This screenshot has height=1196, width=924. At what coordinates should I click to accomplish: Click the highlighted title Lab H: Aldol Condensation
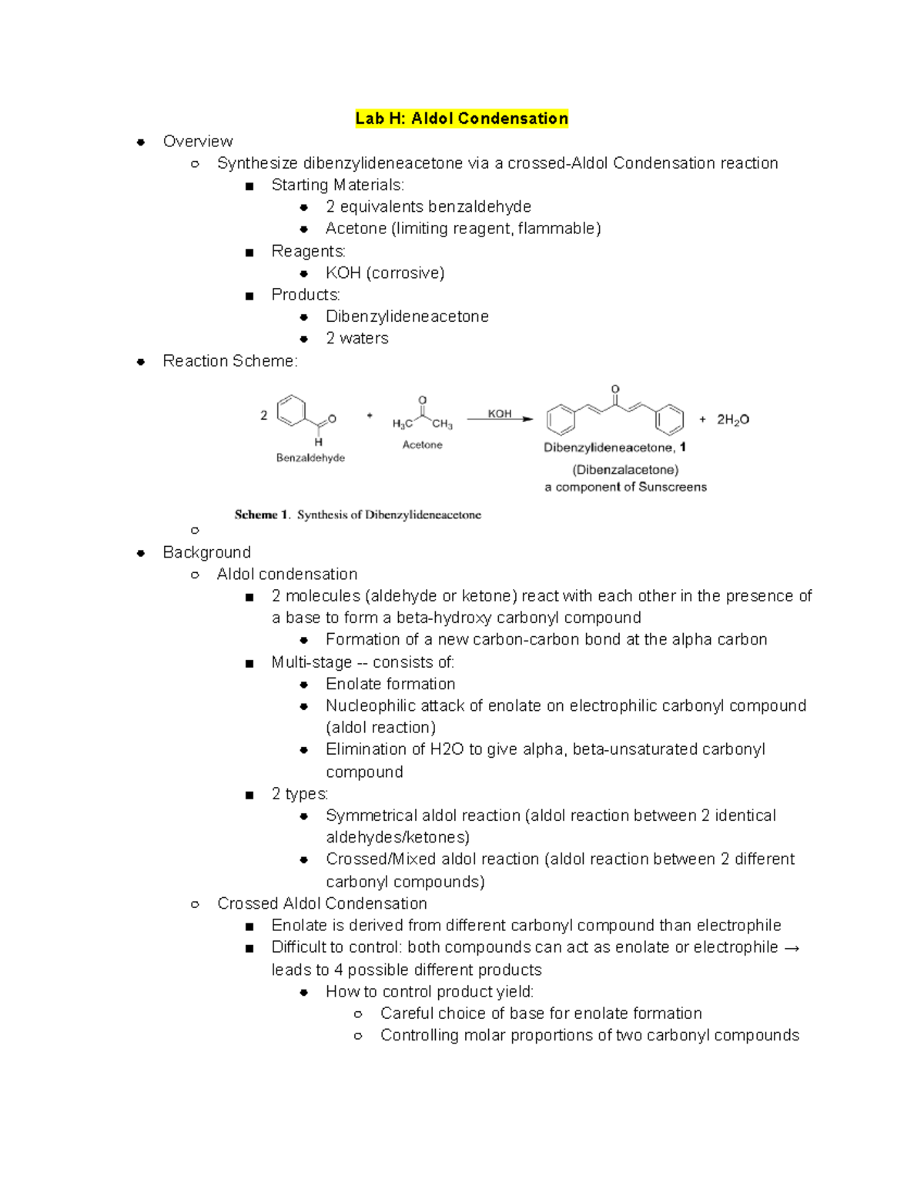(x=461, y=119)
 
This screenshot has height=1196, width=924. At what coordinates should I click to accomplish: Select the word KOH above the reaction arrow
(x=500, y=414)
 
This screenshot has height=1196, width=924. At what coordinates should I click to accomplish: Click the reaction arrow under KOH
(x=500, y=420)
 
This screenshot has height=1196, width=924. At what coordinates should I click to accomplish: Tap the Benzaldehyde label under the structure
(x=310, y=457)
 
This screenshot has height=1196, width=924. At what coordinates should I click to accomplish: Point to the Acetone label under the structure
(x=422, y=445)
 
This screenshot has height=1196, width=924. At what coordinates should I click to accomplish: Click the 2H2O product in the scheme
(x=732, y=420)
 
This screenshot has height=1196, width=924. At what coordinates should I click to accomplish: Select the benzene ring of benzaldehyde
(x=291, y=410)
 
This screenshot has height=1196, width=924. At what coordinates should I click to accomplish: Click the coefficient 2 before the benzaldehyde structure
(x=263, y=415)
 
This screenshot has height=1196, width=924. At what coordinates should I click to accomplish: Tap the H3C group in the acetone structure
(x=402, y=424)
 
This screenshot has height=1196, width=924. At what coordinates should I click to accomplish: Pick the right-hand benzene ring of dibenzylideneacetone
(x=669, y=420)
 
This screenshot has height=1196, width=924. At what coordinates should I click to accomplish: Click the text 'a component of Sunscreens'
(x=625, y=487)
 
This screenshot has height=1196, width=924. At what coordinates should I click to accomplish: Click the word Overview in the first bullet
(x=198, y=141)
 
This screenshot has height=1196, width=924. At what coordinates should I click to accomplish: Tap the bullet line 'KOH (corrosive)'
(x=385, y=273)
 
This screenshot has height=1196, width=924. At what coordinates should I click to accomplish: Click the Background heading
(x=206, y=552)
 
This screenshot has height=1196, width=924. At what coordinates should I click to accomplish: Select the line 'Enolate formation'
(x=390, y=684)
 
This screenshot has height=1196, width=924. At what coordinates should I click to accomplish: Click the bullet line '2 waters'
(x=357, y=338)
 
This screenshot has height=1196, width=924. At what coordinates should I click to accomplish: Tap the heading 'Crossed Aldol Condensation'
(x=322, y=903)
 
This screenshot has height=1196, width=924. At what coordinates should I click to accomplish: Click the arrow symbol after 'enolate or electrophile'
(x=792, y=947)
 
